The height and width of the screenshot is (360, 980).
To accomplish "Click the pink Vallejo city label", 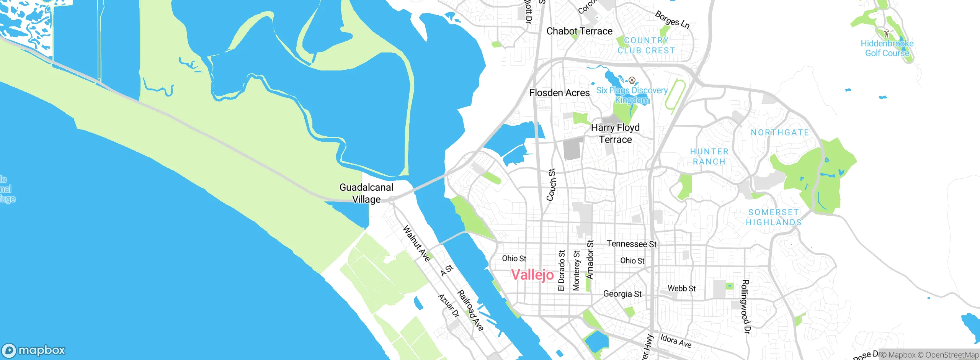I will click(532, 275).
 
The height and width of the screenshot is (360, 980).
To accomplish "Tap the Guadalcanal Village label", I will click(366, 193).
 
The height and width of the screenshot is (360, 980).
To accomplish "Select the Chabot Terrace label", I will click(579, 31).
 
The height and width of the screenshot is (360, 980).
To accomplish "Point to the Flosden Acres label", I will click(559, 93).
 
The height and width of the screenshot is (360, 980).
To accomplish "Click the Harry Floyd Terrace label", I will click(615, 133).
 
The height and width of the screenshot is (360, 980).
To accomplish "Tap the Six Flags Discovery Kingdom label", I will click(632, 95).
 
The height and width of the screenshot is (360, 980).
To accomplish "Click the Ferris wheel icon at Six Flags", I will click(632, 80).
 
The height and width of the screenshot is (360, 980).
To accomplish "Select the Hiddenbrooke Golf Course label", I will click(887, 48).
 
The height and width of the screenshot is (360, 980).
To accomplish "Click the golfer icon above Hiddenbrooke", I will click(887, 33).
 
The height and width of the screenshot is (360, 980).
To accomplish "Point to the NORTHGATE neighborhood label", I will click(780, 133).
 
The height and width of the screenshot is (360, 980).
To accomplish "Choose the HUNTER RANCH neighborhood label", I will click(709, 157).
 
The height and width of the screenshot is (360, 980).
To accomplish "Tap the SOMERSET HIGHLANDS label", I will click(773, 217).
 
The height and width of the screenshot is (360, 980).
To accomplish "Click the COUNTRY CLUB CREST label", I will click(646, 46).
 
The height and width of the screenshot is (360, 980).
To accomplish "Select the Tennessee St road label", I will click(632, 244).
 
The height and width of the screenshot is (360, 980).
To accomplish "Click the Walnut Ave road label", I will click(416, 244).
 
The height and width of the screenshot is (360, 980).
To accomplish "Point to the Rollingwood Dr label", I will click(745, 306).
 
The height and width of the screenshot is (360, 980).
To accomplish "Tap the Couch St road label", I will click(551, 185).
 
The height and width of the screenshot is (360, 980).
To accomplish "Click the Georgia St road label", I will click(622, 294).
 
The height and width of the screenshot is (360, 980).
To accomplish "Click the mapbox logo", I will click(34, 350).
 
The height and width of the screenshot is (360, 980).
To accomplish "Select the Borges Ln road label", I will click(672, 20).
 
